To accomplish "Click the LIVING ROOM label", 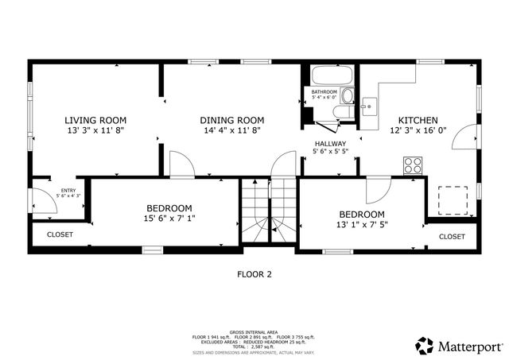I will pos(95,120).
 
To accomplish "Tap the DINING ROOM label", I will pos(231,120).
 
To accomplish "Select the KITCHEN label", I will pos(418,120).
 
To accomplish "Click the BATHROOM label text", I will pos(324,92).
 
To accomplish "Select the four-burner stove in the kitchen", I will pos(413,165).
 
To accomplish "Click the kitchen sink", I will pos(369,103).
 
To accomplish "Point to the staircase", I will pos(268,211).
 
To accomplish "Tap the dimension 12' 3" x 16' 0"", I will pos(418,130).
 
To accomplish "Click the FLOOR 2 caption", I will pos(254,274).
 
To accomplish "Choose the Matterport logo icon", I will pos(425,346).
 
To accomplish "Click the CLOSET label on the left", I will pos(60,234).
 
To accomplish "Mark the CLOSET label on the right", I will pos(452,236).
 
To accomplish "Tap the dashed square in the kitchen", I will pos(451,199).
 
